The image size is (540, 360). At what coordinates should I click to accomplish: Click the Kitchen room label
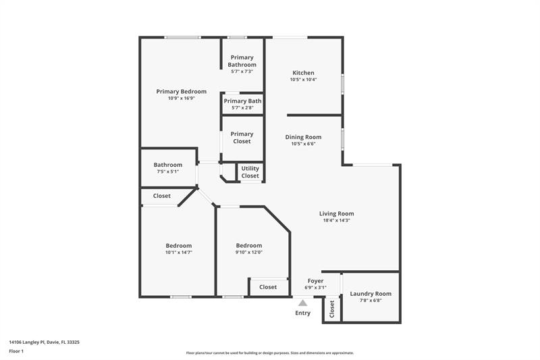pyautogui.click(x=303, y=73)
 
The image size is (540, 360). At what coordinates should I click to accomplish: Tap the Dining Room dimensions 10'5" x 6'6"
pyautogui.click(x=303, y=143)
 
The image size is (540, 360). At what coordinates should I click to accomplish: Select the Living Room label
pyautogui.click(x=336, y=214)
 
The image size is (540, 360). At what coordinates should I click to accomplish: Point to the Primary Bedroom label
pyautogui.click(x=181, y=91)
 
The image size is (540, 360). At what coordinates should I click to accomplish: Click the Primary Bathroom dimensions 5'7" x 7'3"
pyautogui.click(x=242, y=71)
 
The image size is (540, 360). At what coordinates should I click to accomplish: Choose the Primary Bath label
pyautogui.click(x=242, y=101)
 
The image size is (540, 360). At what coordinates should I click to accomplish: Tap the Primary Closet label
pyautogui.click(x=242, y=137)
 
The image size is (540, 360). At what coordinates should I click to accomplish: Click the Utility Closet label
pyautogui.click(x=250, y=172)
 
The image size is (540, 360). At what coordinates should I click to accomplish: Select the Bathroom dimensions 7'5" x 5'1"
pyautogui.click(x=167, y=172)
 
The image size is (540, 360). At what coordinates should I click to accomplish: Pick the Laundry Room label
pyautogui.click(x=370, y=294)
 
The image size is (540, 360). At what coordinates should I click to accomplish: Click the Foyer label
pyautogui.click(x=315, y=280)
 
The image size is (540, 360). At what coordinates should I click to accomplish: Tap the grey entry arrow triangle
pyautogui.click(x=303, y=303)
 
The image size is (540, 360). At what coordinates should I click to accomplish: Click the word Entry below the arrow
pyautogui.click(x=303, y=313)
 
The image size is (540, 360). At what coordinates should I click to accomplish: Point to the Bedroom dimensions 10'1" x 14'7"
pyautogui.click(x=179, y=253)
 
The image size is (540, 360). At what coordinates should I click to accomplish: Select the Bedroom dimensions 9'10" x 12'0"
pyautogui.click(x=249, y=253)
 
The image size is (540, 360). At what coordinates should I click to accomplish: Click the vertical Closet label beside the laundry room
pyautogui.click(x=332, y=309)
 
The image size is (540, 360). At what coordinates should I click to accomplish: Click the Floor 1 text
pyautogui.click(x=16, y=351)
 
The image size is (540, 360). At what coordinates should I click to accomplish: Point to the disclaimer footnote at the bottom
pyautogui.click(x=269, y=353)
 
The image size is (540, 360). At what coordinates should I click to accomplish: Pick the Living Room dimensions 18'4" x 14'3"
pyautogui.click(x=336, y=221)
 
